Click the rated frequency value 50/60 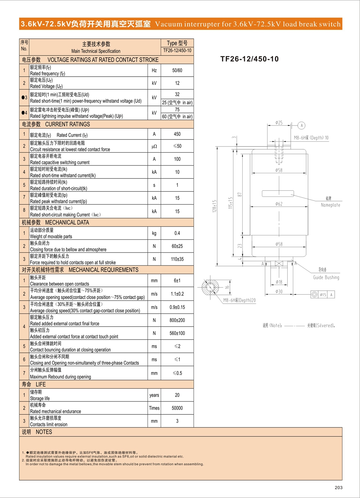(177, 70)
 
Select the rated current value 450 (177, 134)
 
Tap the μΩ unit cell (154, 146)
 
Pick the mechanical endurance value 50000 (177, 408)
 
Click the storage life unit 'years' (154, 395)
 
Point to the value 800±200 (177, 320)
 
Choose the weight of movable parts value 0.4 (177, 233)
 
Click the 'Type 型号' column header (177, 43)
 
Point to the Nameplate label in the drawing (330, 205)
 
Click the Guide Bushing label (326, 277)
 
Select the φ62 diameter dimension (279, 204)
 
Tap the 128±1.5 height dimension (214, 206)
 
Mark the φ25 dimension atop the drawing (279, 123)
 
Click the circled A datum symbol (302, 125)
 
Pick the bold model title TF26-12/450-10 (249, 59)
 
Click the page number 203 (339, 487)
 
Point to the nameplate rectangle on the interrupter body (278, 193)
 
